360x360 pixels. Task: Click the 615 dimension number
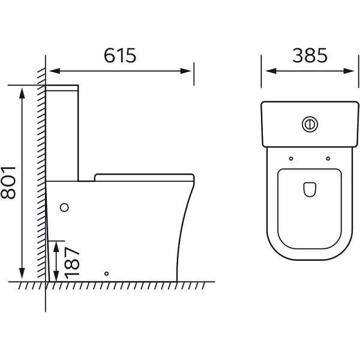pyautogui.click(x=120, y=55)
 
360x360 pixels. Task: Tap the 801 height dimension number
pyautogui.click(x=8, y=183)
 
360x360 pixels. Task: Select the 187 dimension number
pyautogui.click(x=72, y=263)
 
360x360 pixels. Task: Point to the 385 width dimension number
pyautogui.click(x=310, y=55)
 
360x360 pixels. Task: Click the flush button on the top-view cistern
pyautogui.click(x=310, y=124)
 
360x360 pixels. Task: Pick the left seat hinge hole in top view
pyautogui.click(x=291, y=158)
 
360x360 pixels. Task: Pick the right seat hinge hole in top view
pyautogui.click(x=328, y=158)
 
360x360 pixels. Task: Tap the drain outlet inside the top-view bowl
pyautogui.click(x=310, y=190)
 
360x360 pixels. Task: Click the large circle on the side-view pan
pyautogui.click(x=64, y=208)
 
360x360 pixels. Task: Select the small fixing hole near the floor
pyautogui.click(x=106, y=274)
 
